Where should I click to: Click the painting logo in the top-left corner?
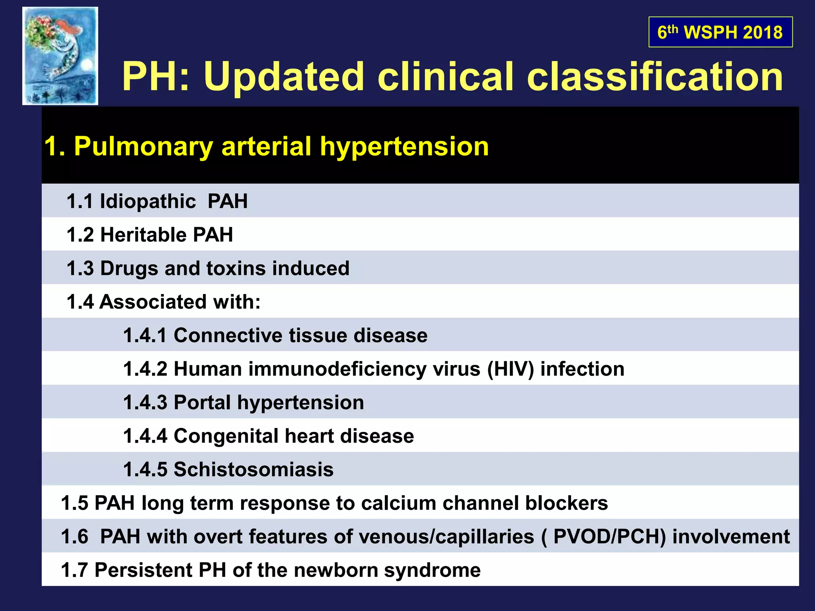click(x=60, y=56)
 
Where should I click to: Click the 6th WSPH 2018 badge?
click(x=720, y=32)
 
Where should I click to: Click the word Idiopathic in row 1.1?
click(x=148, y=201)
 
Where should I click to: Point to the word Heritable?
click(x=143, y=235)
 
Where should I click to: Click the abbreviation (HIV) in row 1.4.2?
click(x=511, y=369)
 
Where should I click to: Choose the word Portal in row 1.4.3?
click(x=202, y=403)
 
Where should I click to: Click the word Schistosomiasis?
click(x=253, y=469)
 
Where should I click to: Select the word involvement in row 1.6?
click(x=731, y=537)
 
